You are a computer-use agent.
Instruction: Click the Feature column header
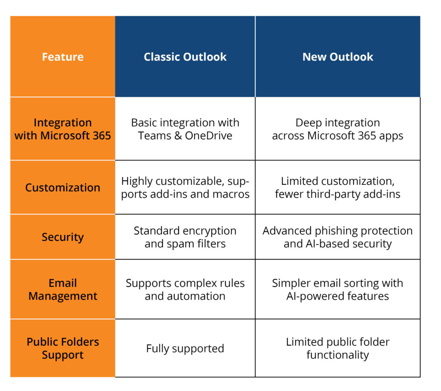pyautogui.click(x=62, y=57)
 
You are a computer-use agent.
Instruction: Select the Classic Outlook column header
pyautogui.click(x=185, y=57)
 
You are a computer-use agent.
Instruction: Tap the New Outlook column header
pyautogui.click(x=337, y=57)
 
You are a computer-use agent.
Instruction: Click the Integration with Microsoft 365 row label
pyautogui.click(x=62, y=129)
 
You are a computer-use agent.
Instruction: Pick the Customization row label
pyautogui.click(x=62, y=187)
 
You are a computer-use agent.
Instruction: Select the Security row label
pyautogui.click(x=62, y=237)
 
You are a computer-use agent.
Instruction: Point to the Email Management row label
pyautogui.click(x=62, y=290)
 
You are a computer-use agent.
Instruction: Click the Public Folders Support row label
pyautogui.click(x=62, y=348)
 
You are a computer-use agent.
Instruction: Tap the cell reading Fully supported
pyautogui.click(x=185, y=348)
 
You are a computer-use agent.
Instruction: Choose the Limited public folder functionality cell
pyautogui.click(x=337, y=348)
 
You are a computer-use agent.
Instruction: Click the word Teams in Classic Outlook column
pyautogui.click(x=154, y=136)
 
